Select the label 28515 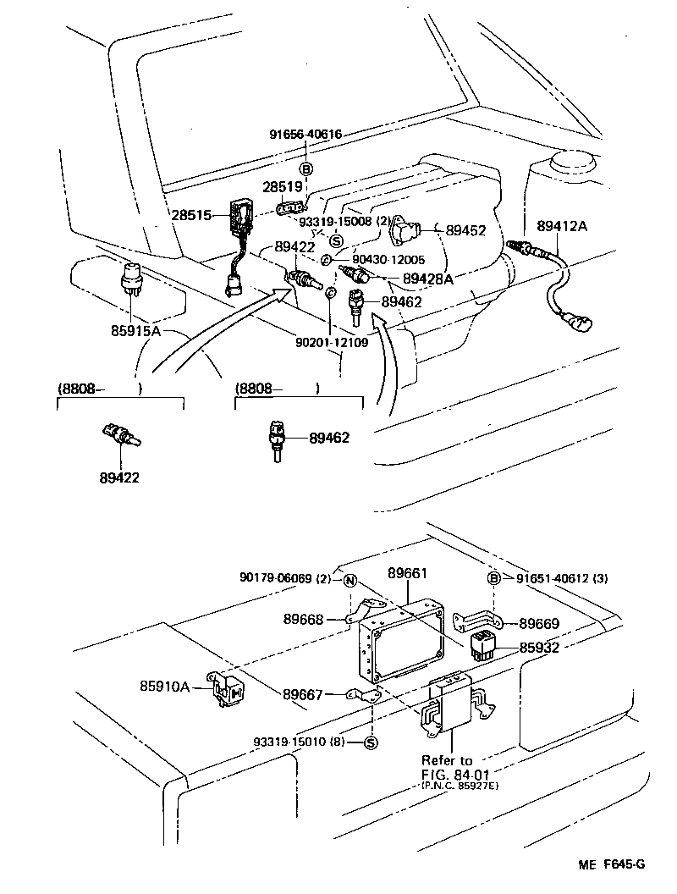[x=190, y=215]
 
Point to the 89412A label [x=562, y=226]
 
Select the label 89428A [x=427, y=278]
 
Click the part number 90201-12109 [x=331, y=343]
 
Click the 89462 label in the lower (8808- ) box [x=328, y=438]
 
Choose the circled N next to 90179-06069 [x=349, y=580]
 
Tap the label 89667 [x=301, y=694]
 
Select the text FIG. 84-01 [x=455, y=774]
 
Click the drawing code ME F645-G [x=612, y=864]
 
